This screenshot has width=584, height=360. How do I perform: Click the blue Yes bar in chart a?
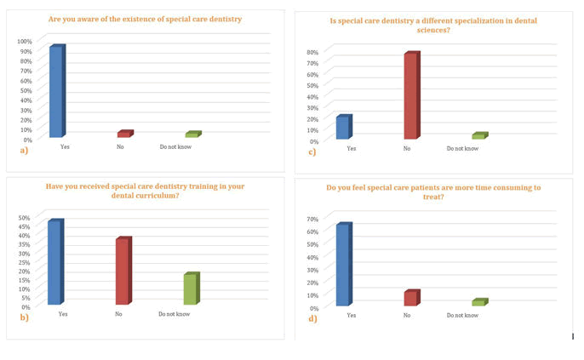[x=56, y=91]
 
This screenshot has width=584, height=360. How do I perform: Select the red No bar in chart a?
[x=124, y=134]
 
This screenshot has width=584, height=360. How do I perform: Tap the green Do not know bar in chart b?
[x=191, y=289]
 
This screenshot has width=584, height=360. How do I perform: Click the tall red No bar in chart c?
[x=411, y=96]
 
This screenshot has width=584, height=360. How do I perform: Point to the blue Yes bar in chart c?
[x=343, y=128]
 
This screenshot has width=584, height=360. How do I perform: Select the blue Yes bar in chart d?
[x=343, y=265]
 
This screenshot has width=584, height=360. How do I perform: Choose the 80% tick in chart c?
[x=313, y=52]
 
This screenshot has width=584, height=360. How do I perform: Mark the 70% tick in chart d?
[x=313, y=219]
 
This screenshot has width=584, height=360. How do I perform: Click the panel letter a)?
[x=24, y=151]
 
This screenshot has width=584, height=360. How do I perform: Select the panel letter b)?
[x=24, y=317]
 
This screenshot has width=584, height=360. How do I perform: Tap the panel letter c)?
[x=312, y=152]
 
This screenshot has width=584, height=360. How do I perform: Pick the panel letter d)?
[x=312, y=318]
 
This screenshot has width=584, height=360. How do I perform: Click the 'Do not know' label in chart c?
[x=462, y=149]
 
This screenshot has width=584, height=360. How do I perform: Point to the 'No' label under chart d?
[x=407, y=315]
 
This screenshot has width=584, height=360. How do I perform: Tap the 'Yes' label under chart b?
[x=62, y=314]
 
